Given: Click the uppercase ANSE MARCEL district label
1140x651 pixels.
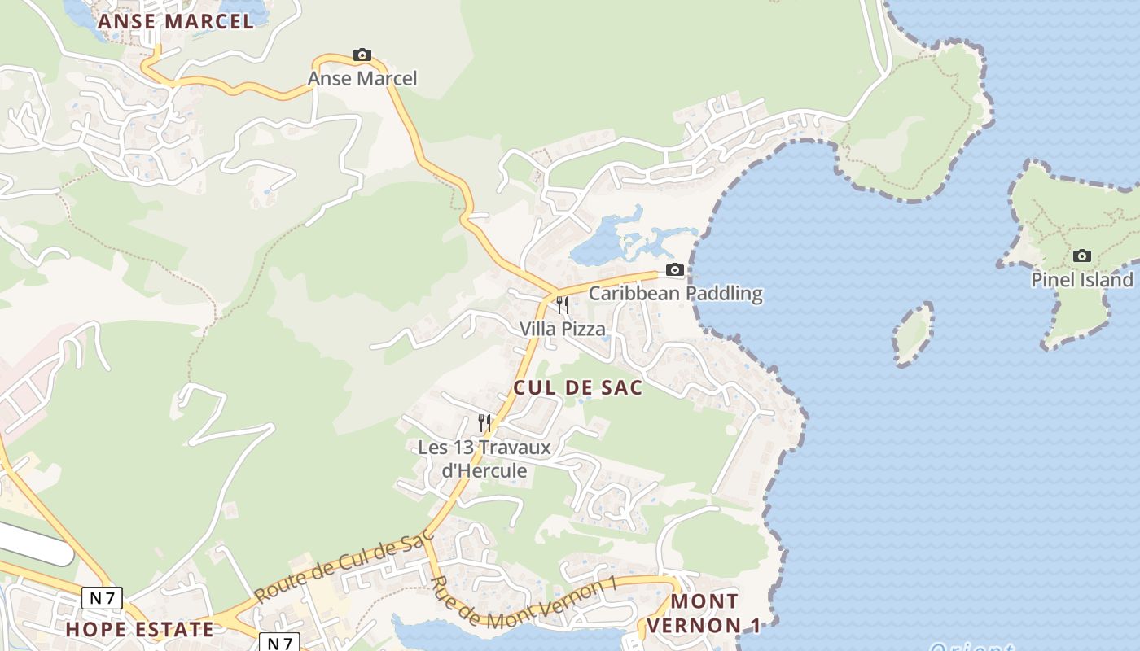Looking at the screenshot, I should point(176,21).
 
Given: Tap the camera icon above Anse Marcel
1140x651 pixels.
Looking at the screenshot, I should point(362,55).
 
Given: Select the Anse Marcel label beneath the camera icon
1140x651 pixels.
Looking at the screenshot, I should point(362,79).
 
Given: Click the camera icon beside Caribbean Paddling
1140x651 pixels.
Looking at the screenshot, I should point(674,270).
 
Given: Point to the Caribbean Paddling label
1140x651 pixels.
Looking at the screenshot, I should point(675,294).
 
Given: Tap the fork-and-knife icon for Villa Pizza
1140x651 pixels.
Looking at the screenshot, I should point(563,305).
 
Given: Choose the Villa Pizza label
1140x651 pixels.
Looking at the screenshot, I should point(563,329).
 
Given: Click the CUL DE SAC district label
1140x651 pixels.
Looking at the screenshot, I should point(577,387).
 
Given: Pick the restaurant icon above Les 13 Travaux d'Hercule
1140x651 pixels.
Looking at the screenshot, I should point(484,423).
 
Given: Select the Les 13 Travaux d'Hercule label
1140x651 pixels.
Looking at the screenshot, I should point(484,459).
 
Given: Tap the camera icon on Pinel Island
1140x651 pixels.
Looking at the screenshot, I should point(1082,256).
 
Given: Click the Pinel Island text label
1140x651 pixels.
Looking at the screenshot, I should point(1082,280).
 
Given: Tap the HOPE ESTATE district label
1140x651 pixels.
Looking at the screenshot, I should point(139,629).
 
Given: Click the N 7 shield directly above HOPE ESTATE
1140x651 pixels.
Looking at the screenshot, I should point(102,599).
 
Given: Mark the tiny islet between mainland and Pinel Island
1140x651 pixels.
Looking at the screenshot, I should point(913,334).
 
